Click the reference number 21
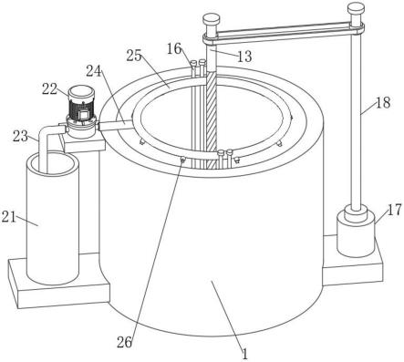pos(8,217)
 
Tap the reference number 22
pos(49,89)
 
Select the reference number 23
pos(20,136)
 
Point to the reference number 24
pos(94,71)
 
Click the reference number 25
pos(134,56)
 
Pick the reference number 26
pos(125,343)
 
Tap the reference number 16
pos(174,48)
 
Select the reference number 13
pos(244,57)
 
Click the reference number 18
pos(383,103)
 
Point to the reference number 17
pos(395,210)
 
